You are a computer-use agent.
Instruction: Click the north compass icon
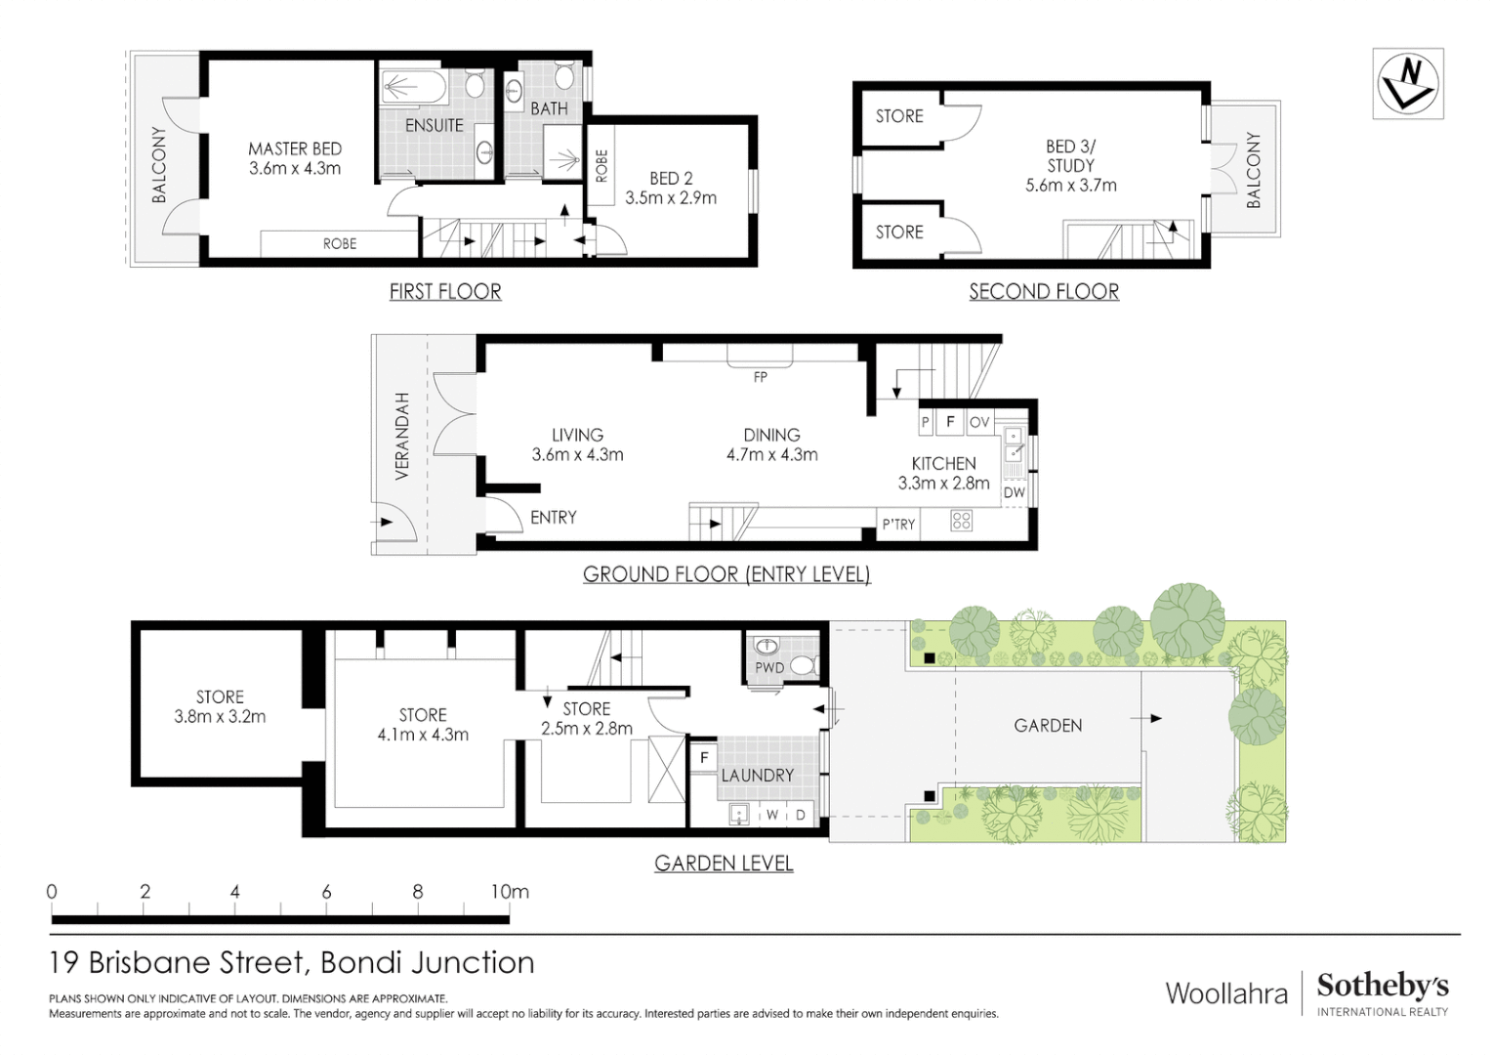click(1407, 84)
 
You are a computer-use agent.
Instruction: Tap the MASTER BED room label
click(295, 149)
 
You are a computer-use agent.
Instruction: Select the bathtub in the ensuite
click(414, 88)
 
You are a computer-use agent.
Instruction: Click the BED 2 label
click(671, 179)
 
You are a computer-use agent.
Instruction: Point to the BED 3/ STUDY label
click(1070, 156)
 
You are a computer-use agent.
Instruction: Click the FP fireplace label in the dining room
click(760, 377)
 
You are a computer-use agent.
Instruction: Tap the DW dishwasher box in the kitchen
click(1015, 492)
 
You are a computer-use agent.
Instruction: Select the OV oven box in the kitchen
click(979, 422)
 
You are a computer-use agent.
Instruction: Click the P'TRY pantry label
click(898, 525)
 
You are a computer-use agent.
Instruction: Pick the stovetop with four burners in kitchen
click(962, 522)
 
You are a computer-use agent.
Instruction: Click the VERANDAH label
click(401, 436)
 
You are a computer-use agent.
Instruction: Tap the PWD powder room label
click(769, 668)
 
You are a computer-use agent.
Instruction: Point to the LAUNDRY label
click(758, 776)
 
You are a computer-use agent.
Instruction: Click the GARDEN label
click(1048, 726)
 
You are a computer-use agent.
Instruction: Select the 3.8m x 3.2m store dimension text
click(220, 717)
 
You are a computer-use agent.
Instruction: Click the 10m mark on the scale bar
click(509, 892)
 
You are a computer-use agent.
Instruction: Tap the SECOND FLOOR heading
click(1044, 291)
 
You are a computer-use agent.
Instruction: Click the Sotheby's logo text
click(1382, 986)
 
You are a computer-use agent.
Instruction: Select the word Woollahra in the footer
click(1226, 993)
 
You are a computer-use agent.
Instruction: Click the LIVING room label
click(577, 436)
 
